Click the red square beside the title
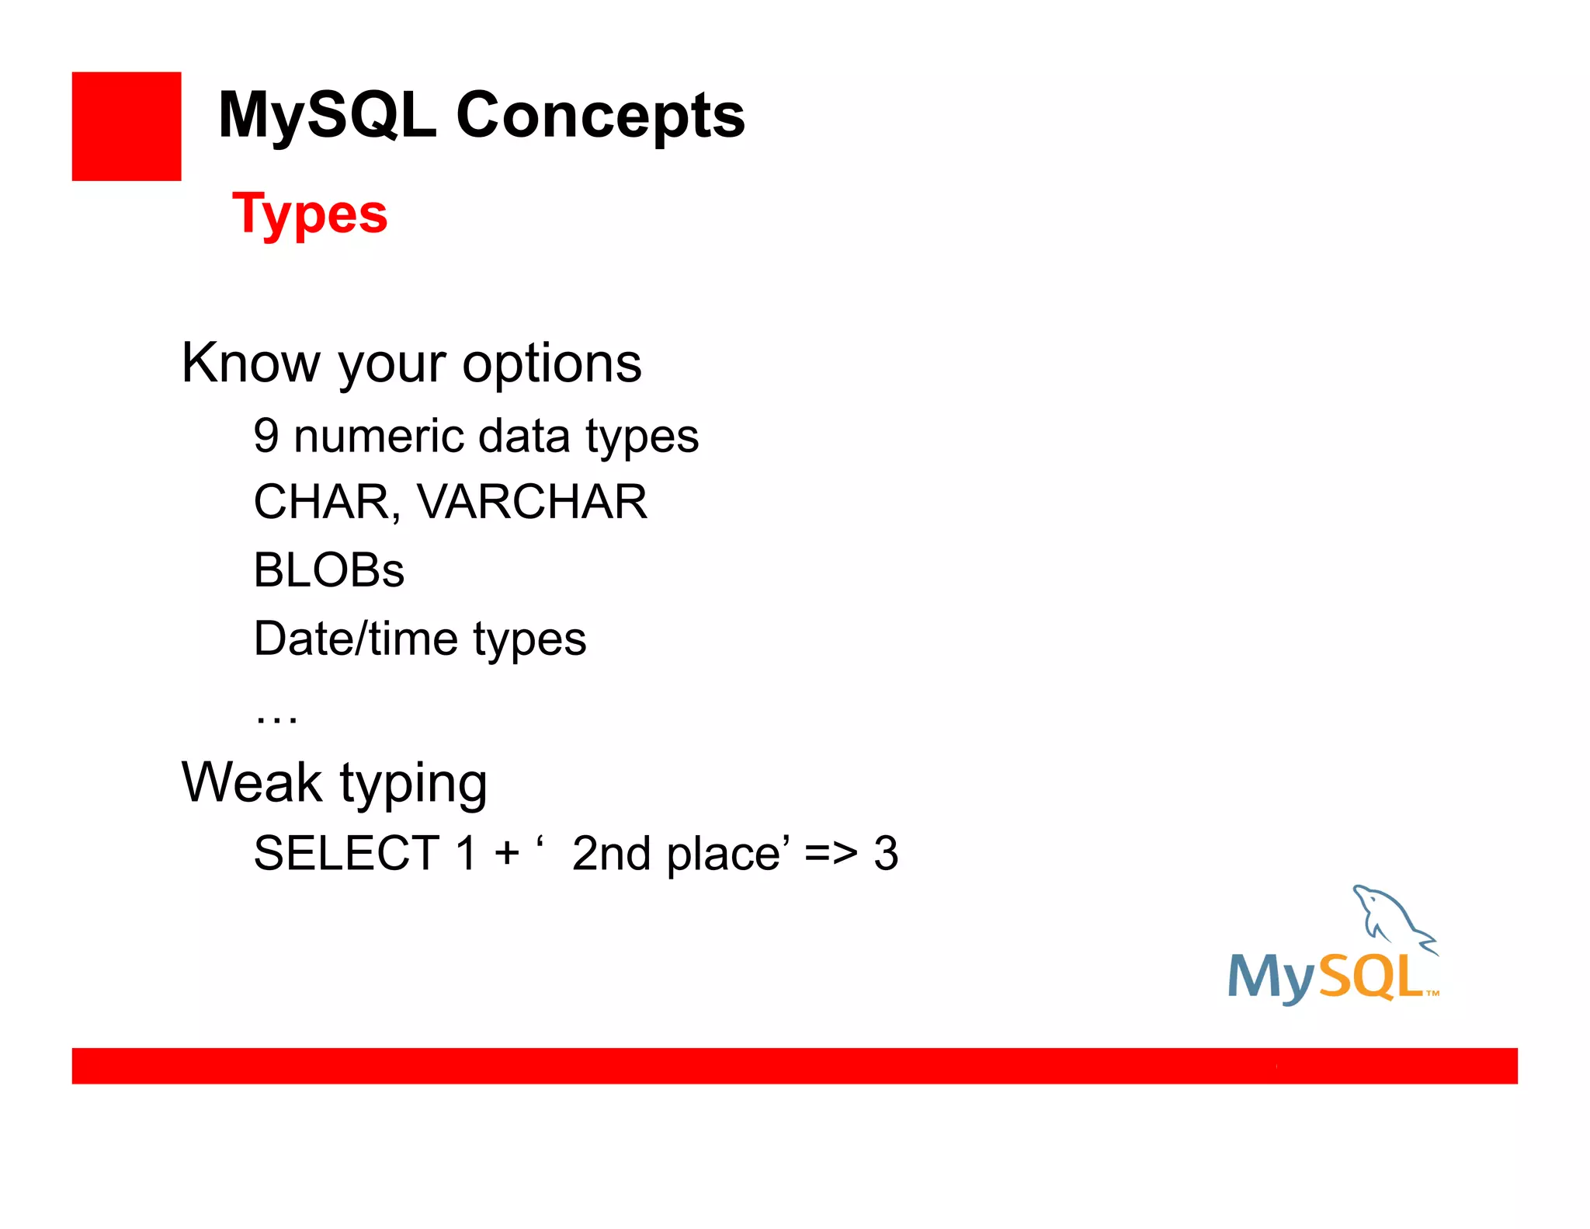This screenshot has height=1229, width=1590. point(127,127)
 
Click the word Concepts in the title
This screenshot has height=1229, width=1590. point(600,116)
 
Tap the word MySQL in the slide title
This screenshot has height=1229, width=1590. point(327,116)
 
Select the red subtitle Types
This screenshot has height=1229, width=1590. point(310,214)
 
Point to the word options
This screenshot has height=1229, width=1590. point(552,364)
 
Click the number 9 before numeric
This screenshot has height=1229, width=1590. point(266,436)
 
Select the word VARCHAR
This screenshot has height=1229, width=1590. point(533,502)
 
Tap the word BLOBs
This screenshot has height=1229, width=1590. point(328,570)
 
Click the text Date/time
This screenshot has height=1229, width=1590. point(356,639)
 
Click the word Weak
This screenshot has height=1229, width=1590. point(252,782)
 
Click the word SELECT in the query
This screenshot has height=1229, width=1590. point(347,853)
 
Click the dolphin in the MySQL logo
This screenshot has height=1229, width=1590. point(1390,917)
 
